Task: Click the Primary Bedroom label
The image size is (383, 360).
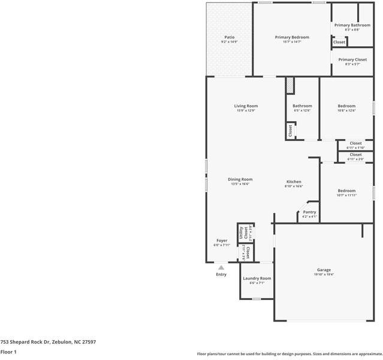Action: [x=292, y=37]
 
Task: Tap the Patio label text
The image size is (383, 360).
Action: [x=229, y=37]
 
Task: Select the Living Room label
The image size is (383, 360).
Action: [x=246, y=106]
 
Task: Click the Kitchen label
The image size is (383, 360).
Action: [x=294, y=182]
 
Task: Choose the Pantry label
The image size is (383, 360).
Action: [x=309, y=212]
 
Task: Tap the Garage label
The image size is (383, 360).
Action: [x=324, y=270]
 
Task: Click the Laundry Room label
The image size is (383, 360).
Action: [x=257, y=278]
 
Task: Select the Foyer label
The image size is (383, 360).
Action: [x=222, y=241]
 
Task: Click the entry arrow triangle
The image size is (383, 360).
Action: [x=221, y=268]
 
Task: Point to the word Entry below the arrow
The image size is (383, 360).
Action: [x=221, y=275]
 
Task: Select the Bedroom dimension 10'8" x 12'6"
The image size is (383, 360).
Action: [x=346, y=110]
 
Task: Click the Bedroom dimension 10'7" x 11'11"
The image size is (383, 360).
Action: [x=346, y=195]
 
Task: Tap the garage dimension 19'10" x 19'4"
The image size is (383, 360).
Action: [x=324, y=274]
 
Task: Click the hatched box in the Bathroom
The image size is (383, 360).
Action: [x=289, y=85]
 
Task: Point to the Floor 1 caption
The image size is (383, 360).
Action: [x=8, y=352]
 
